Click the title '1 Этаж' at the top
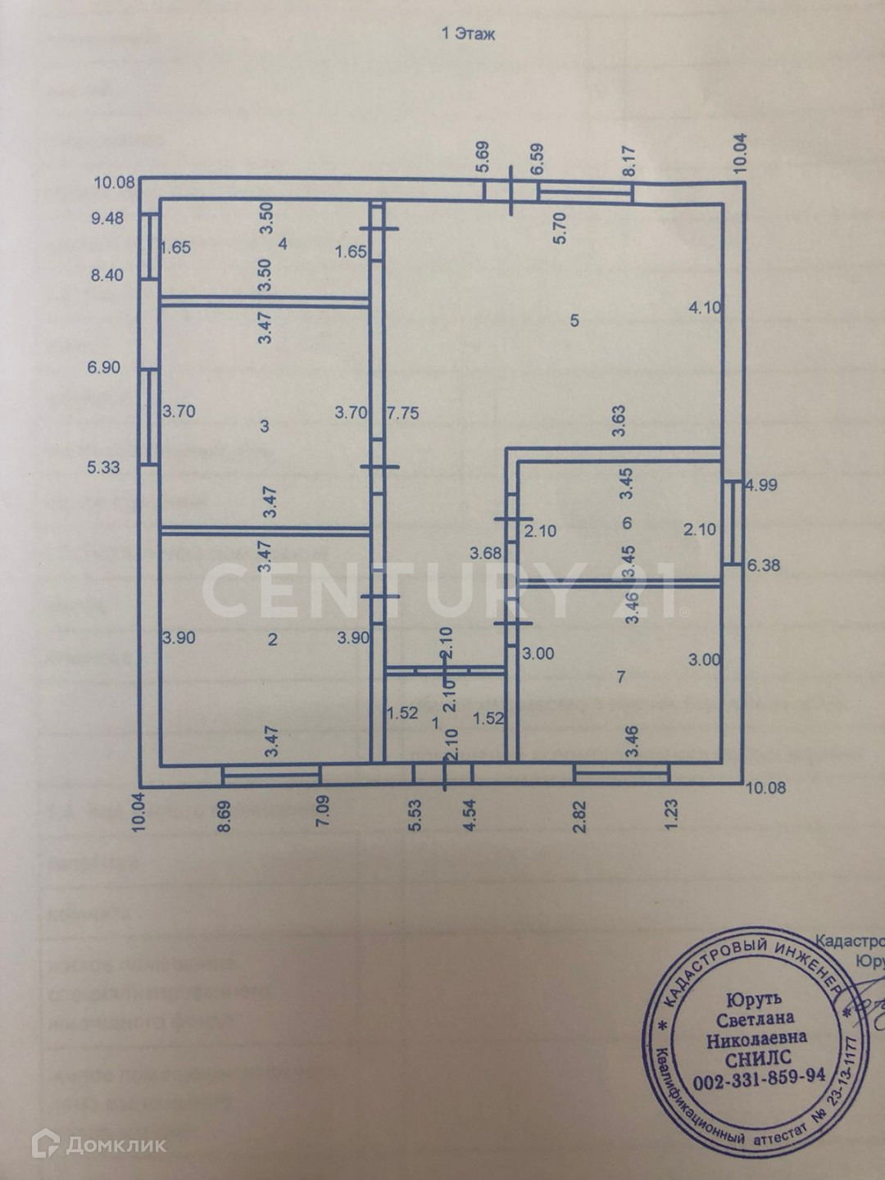point(468,34)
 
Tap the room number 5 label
point(574,320)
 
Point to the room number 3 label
point(264,425)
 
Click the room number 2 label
point(273,638)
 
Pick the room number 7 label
point(621,677)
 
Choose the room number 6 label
point(627,523)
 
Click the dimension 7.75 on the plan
point(402,413)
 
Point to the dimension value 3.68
point(485,553)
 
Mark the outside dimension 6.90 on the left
point(104,367)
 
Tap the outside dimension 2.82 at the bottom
point(581,816)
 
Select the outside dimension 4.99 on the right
point(760,484)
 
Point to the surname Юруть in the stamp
point(754,999)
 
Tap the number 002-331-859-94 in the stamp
point(759,1079)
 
